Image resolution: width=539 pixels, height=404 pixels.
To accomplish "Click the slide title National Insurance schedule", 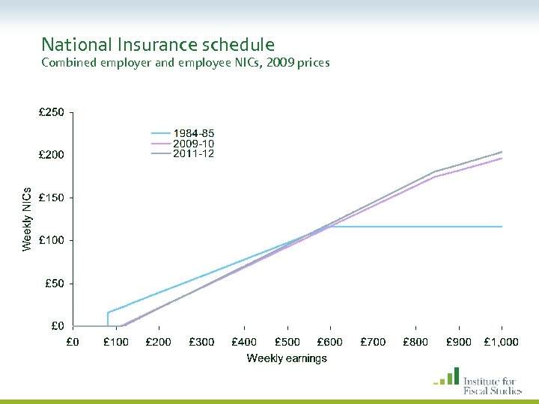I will tap(158, 45).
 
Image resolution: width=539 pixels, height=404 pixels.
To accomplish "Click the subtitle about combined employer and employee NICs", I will tap(185, 63).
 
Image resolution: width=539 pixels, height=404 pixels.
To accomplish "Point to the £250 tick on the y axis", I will tap(52, 113).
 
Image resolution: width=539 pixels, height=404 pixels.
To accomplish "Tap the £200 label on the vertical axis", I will tap(52, 155).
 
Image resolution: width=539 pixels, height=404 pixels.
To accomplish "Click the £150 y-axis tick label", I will tap(52, 198).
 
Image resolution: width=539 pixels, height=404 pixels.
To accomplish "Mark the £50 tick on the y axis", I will tap(54, 284).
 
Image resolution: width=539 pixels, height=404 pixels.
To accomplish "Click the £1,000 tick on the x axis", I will tap(502, 342).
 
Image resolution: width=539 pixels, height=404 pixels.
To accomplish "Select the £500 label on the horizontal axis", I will tap(287, 342).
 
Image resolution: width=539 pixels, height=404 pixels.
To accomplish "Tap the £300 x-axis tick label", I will tap(201, 342).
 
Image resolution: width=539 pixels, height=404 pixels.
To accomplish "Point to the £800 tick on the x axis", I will tap(416, 342).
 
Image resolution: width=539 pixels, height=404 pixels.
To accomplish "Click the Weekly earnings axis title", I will tap(287, 358).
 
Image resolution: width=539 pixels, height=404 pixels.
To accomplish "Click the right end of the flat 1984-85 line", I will tap(501, 227).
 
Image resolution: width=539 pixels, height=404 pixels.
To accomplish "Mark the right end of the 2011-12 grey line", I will tap(501, 152).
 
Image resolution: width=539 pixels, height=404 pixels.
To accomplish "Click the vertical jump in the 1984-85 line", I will tap(108, 319).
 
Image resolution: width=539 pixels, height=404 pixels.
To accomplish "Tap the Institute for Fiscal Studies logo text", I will tap(492, 385).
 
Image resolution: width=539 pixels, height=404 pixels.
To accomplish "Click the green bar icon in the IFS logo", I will tap(447, 377).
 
